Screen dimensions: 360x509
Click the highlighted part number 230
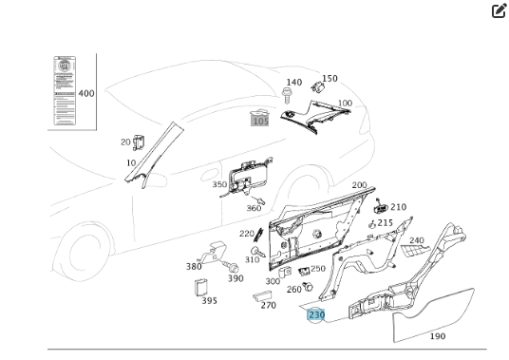click(x=315, y=314)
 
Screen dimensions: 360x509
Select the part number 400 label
click(x=86, y=94)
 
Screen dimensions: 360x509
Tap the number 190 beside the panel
click(x=438, y=336)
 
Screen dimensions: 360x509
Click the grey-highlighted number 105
click(x=259, y=120)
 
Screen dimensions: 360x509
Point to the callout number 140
click(x=293, y=83)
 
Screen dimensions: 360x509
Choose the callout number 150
click(x=330, y=79)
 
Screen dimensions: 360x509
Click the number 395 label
click(x=209, y=301)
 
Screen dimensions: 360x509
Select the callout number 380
click(x=194, y=267)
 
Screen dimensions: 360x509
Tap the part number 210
click(x=398, y=207)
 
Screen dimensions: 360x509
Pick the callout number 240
click(x=416, y=241)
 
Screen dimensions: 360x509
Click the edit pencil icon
click(x=499, y=11)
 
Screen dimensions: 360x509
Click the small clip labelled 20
click(x=137, y=142)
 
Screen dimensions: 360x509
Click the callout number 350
click(x=219, y=185)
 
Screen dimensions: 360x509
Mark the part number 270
click(x=269, y=306)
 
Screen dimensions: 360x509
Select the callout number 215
click(x=386, y=223)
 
